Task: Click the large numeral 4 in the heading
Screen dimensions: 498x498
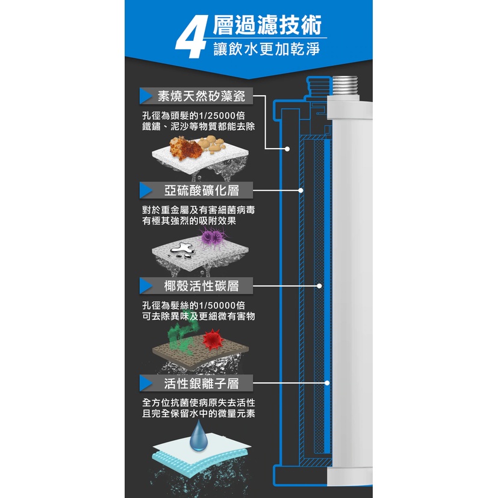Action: click(192, 37)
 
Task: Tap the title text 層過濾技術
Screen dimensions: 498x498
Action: click(267, 25)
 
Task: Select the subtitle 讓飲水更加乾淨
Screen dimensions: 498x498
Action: click(267, 49)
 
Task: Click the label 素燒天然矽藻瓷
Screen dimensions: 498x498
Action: click(201, 96)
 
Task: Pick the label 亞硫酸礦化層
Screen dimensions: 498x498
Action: click(201, 190)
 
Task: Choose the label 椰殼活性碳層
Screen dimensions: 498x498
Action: click(201, 286)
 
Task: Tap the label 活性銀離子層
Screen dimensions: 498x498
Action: click(201, 384)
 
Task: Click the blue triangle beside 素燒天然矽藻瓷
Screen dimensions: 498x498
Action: click(146, 96)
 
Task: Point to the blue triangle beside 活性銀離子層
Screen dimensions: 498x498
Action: click(146, 384)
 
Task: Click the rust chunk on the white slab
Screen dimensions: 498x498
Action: click(184, 148)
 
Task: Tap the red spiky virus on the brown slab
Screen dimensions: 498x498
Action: click(213, 340)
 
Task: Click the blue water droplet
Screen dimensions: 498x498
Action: click(199, 435)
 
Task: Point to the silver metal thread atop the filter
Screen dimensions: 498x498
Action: click(345, 85)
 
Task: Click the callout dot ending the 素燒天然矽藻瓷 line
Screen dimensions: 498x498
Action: click(287, 149)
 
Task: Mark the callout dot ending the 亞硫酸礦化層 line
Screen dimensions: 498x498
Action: click(300, 190)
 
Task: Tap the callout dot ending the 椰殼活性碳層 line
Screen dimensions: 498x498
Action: click(319, 286)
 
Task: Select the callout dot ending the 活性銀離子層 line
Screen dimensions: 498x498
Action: click(327, 383)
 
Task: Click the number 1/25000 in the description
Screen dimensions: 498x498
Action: click(217, 116)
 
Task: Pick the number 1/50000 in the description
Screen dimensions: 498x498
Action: click(217, 305)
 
